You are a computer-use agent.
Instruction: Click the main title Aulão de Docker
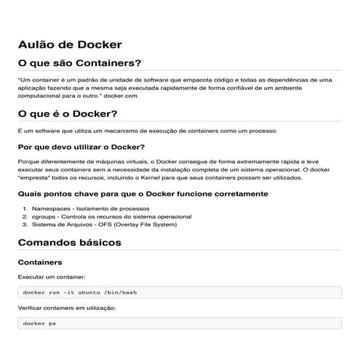coord(70,45)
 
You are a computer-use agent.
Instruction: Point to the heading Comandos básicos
coord(69,242)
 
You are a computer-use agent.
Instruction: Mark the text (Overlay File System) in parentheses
coord(149,225)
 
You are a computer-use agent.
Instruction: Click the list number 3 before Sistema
coord(25,225)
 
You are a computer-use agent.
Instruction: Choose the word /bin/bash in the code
coord(121,292)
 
